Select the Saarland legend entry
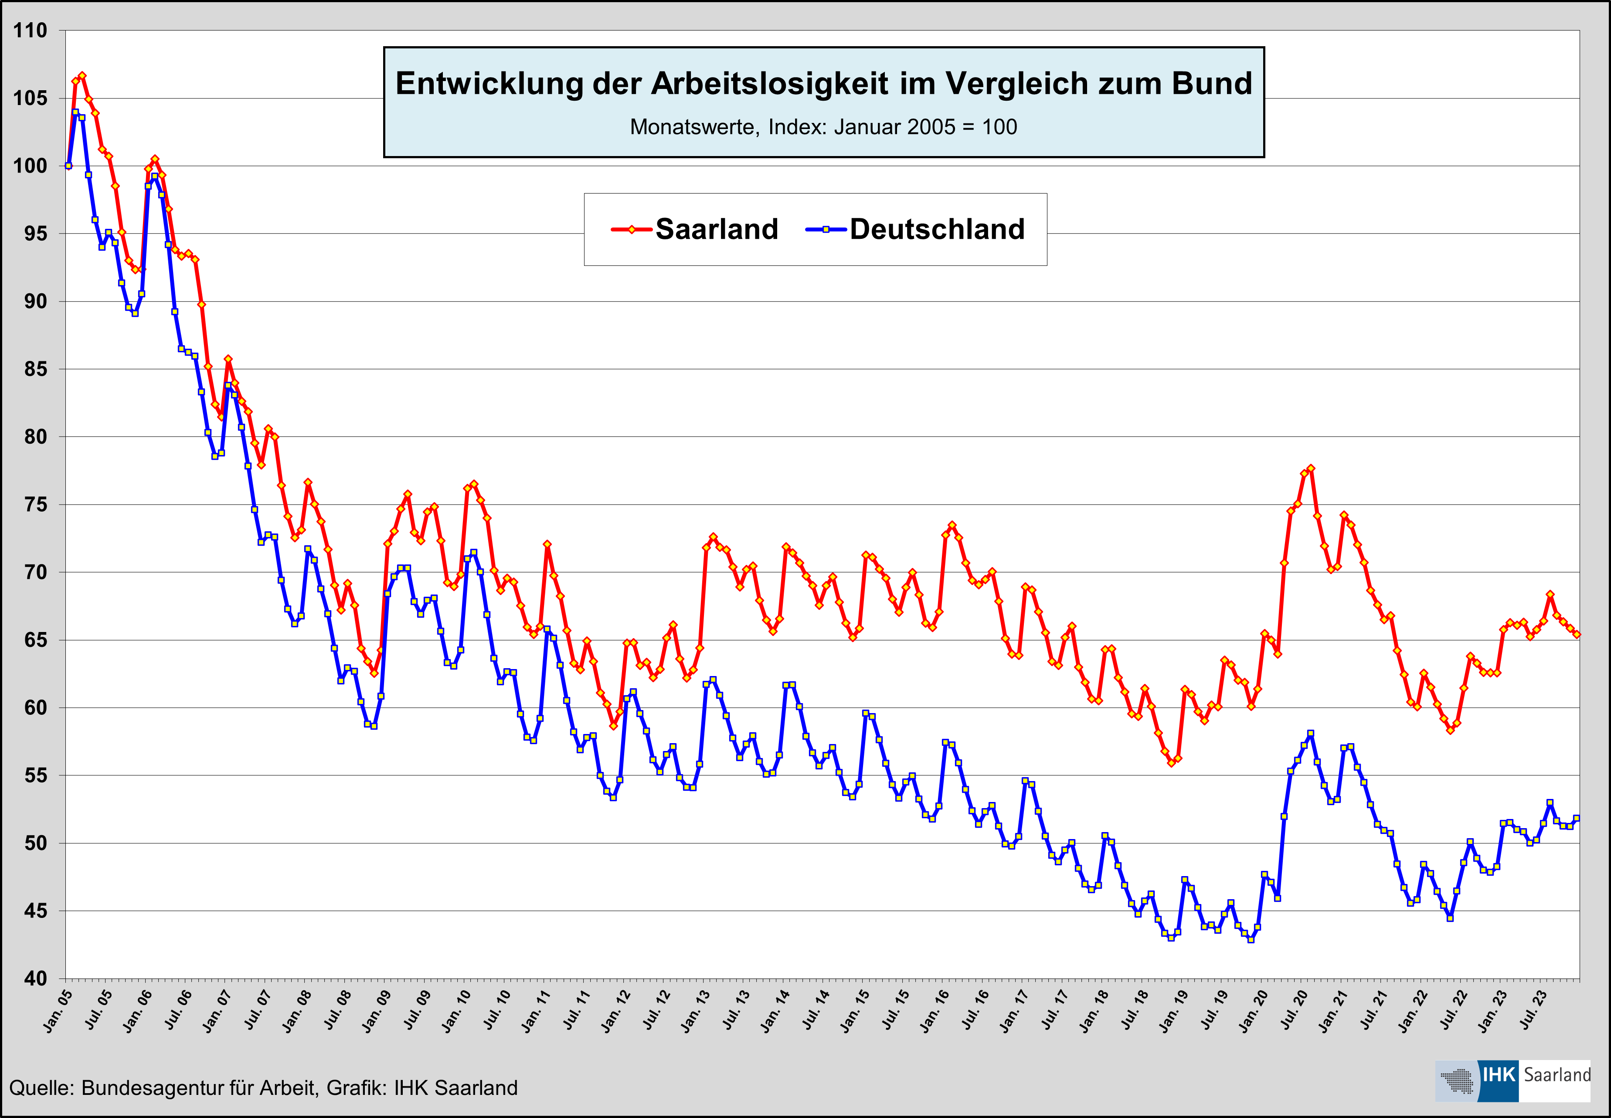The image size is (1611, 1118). [x=716, y=229]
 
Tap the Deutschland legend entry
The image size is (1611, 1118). [x=937, y=229]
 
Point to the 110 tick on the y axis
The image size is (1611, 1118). [x=31, y=31]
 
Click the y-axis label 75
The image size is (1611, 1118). [x=35, y=504]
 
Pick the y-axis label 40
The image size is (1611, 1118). [x=35, y=978]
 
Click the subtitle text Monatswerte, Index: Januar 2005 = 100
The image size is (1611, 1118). [x=823, y=127]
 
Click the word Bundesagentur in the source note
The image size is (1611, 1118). [x=151, y=1088]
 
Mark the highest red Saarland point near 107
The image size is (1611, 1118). [x=82, y=75]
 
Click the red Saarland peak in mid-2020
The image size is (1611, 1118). [x=1311, y=469]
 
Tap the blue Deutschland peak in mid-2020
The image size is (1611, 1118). [x=1311, y=734]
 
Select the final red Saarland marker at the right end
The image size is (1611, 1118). [x=1577, y=634]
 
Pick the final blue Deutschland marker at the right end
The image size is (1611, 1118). [x=1577, y=818]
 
